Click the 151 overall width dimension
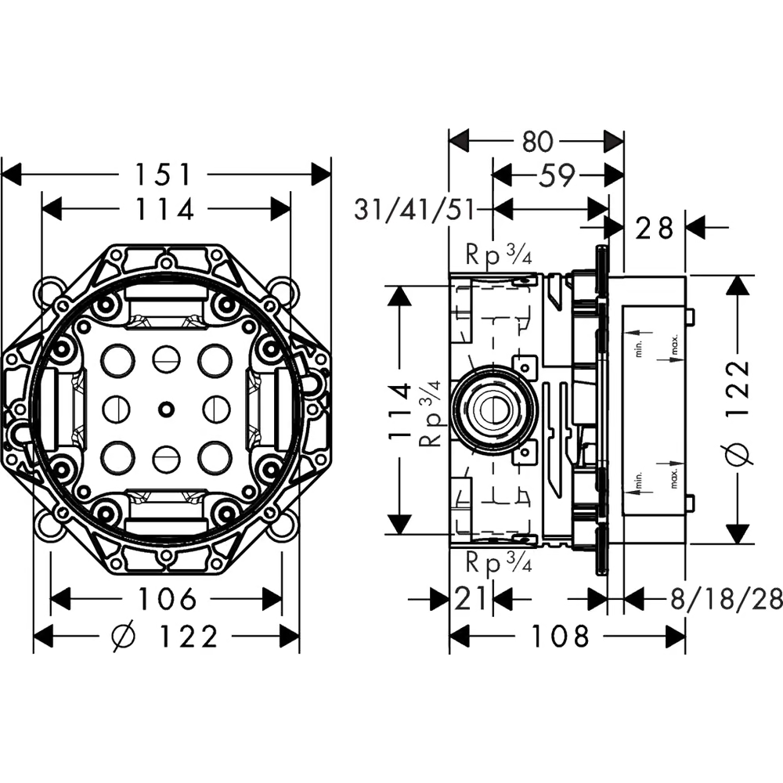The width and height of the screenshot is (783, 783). [x=164, y=174]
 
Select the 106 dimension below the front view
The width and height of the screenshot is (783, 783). [x=167, y=600]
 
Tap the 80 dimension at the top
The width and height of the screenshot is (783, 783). [x=537, y=141]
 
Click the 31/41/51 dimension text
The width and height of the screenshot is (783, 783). [x=415, y=210]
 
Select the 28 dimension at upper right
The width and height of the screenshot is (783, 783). [x=655, y=228]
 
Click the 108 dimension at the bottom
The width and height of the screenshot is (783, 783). [x=560, y=637]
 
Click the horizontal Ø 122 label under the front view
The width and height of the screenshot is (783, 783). [x=166, y=637]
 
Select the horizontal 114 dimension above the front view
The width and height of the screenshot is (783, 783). [x=164, y=209]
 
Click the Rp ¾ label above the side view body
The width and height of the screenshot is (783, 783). [x=499, y=255]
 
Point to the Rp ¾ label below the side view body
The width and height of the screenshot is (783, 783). [x=499, y=561]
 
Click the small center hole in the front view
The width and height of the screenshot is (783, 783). [x=166, y=408]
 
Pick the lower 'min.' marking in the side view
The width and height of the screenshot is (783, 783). [x=638, y=482]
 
